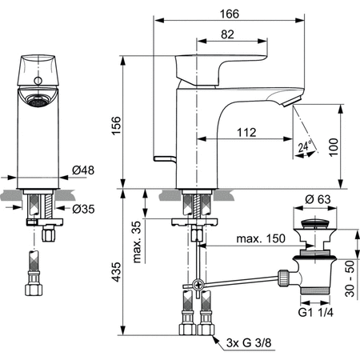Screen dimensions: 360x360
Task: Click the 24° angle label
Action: [301, 147]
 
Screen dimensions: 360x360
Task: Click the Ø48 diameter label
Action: [84, 170]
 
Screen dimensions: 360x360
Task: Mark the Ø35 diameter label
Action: [84, 210]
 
